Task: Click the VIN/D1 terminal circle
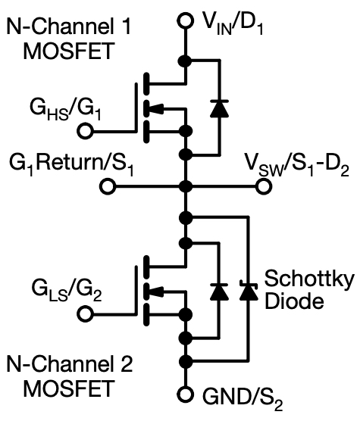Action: [185, 20]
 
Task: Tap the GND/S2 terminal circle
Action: [185, 394]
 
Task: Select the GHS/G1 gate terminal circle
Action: [86, 131]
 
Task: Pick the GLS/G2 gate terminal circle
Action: [86, 314]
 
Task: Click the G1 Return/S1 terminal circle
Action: [108, 186]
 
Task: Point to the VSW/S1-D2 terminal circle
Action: [264, 186]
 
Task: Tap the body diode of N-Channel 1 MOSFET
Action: [220, 108]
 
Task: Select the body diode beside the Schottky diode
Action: [220, 292]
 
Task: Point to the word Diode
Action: [294, 301]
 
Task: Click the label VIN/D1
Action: [233, 25]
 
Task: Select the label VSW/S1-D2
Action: [297, 165]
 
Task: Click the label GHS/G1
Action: [65, 110]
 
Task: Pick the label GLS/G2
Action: [67, 291]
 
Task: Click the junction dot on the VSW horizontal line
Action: [186, 186]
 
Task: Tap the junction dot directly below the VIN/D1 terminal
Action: [185, 61]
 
